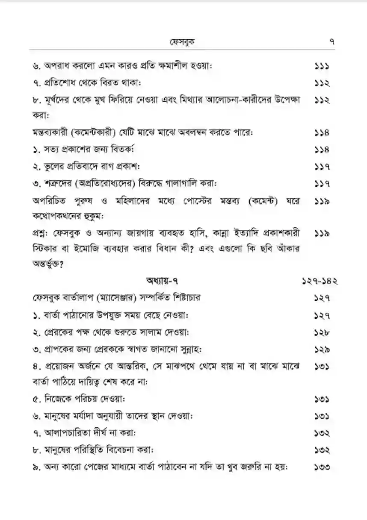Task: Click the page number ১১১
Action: [x=321, y=66]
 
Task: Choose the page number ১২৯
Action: [x=321, y=349]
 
